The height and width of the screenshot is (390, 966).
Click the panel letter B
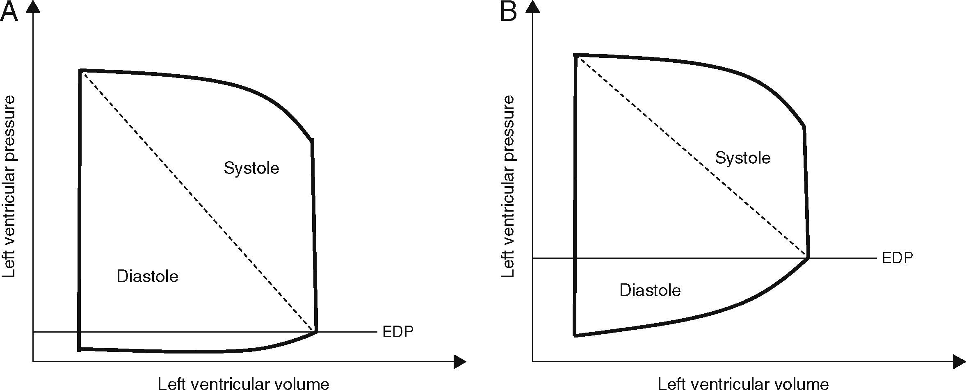pyautogui.click(x=508, y=12)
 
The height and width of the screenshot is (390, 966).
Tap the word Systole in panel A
pyautogui.click(x=251, y=169)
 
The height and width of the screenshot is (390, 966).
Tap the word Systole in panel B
pyautogui.click(x=742, y=158)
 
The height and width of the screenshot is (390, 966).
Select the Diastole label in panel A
pyautogui.click(x=147, y=276)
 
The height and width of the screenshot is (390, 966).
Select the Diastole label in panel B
pyautogui.click(x=650, y=290)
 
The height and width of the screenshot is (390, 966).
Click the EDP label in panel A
pyautogui.click(x=397, y=332)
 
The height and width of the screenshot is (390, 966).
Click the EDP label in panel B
pyautogui.click(x=897, y=258)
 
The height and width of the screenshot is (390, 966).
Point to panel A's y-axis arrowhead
pyautogui.click(x=33, y=7)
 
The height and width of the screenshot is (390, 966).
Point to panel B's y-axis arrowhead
pyautogui.click(x=532, y=7)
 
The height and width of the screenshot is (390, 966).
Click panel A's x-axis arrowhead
pyautogui.click(x=460, y=362)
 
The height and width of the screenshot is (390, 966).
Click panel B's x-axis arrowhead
pyautogui.click(x=960, y=362)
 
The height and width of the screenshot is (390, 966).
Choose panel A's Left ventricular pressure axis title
pyautogui.click(x=9, y=187)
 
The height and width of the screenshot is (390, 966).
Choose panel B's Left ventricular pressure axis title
pyautogui.click(x=508, y=187)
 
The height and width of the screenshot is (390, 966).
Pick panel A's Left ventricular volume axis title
pyautogui.click(x=243, y=384)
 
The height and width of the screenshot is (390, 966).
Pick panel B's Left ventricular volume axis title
pyautogui.click(x=743, y=384)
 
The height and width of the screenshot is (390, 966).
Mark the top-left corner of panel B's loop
pyautogui.click(x=576, y=55)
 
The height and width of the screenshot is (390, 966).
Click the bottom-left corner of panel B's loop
pyautogui.click(x=575, y=335)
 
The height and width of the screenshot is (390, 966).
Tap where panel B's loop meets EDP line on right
pyautogui.click(x=808, y=258)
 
